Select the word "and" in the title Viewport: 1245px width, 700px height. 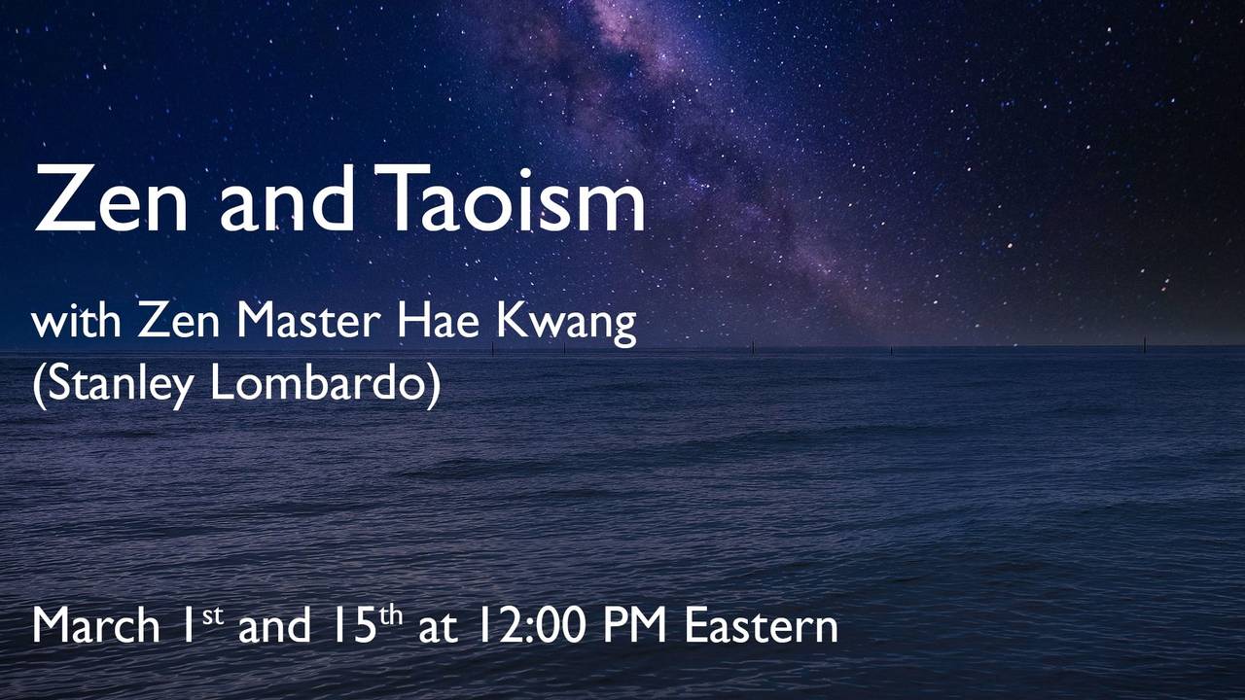[x=288, y=198]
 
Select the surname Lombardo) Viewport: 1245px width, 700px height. [x=325, y=385]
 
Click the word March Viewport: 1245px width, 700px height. [x=95, y=625]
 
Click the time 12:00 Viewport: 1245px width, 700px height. [x=529, y=625]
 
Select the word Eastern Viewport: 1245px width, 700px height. [x=761, y=625]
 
